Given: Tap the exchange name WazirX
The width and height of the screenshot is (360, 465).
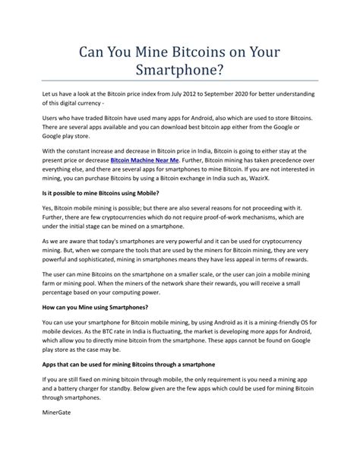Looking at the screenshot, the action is coord(283,183).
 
